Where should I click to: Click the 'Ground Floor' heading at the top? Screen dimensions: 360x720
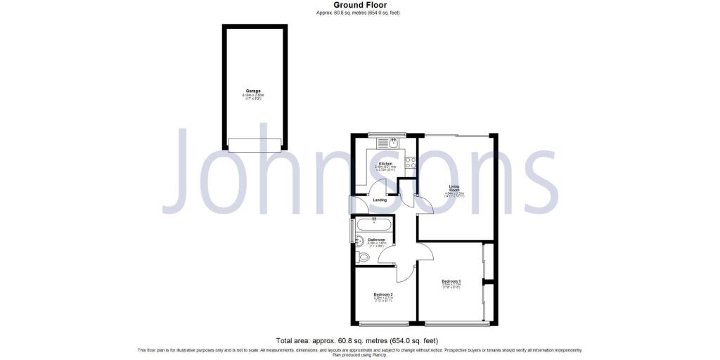click(x=359, y=5)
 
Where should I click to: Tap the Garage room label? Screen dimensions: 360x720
click(x=253, y=91)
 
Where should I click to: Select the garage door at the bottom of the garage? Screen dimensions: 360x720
click(x=255, y=145)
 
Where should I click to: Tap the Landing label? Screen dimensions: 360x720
click(x=380, y=200)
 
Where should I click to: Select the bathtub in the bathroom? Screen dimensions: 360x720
click(x=375, y=226)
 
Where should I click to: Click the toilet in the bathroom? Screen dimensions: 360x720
click(x=363, y=258)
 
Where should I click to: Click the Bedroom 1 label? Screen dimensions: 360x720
click(x=451, y=282)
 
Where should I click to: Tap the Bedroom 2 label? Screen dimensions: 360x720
click(x=382, y=294)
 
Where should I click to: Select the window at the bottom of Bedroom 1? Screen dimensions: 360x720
click(x=457, y=323)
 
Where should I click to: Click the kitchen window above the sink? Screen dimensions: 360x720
click(x=387, y=134)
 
